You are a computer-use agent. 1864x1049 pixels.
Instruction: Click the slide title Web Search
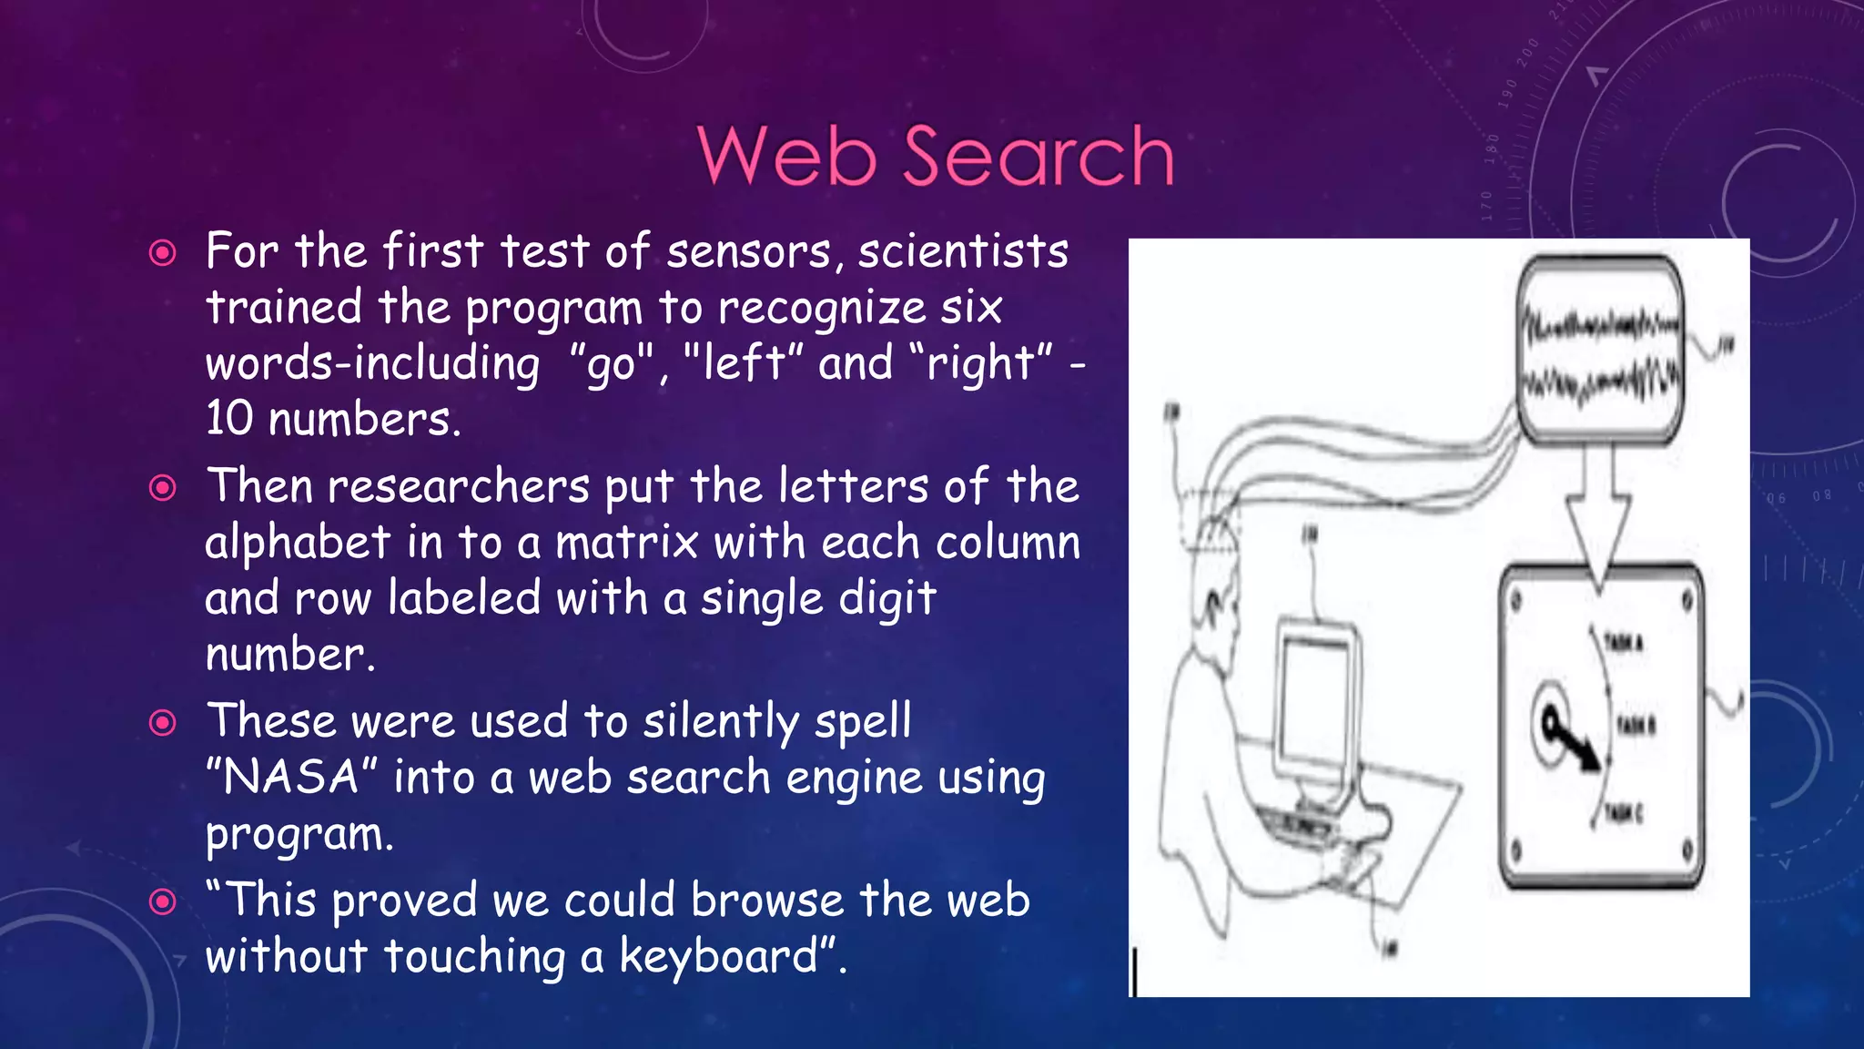coord(936,156)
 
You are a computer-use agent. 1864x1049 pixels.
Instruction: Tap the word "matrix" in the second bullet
coord(627,543)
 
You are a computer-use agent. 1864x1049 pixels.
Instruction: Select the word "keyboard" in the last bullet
coord(719,956)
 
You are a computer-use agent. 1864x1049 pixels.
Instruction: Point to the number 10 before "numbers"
coord(228,419)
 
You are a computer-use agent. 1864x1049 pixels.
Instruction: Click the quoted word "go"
coord(611,364)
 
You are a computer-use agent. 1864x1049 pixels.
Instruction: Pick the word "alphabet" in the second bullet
coord(298,543)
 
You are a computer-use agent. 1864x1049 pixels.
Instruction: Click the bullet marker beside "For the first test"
coord(162,252)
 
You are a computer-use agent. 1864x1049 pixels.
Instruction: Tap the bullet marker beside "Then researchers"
coord(162,488)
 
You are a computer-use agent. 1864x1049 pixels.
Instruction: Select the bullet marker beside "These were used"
coord(162,723)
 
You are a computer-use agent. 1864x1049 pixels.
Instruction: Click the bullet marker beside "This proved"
coord(162,901)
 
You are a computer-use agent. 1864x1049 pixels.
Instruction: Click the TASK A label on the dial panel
coord(1625,643)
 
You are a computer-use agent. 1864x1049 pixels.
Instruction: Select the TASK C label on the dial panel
coord(1625,812)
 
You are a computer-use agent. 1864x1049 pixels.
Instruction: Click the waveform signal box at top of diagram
coord(1600,351)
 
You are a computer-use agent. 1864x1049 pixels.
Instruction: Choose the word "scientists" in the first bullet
coord(963,252)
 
